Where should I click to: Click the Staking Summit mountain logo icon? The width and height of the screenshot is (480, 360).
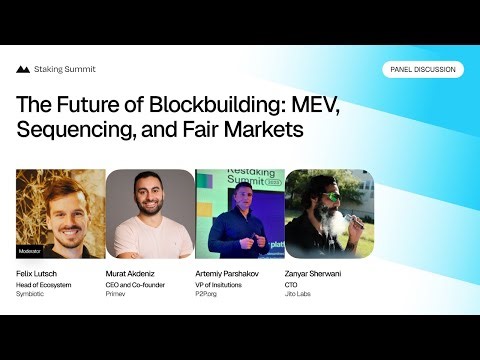(23, 70)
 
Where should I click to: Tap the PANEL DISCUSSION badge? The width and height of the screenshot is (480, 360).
(422, 70)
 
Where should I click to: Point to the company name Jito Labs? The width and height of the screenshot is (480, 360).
(301, 294)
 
